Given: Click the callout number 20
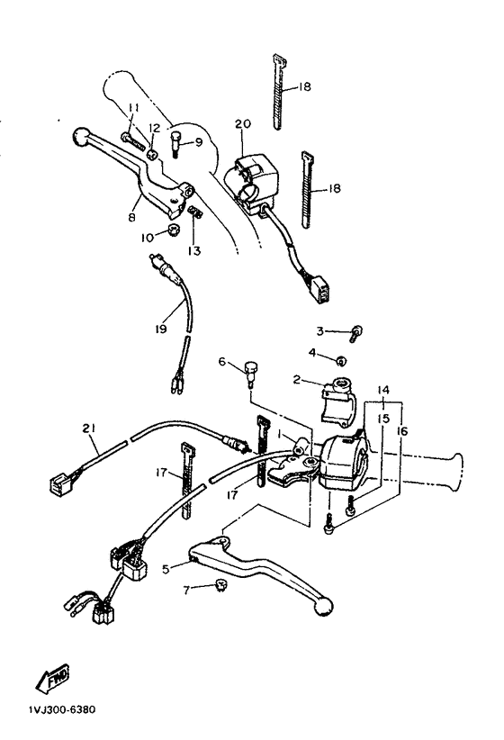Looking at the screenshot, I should tap(241, 123).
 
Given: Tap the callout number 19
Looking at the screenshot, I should tap(159, 330).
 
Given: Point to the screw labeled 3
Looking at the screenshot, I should tap(355, 333).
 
